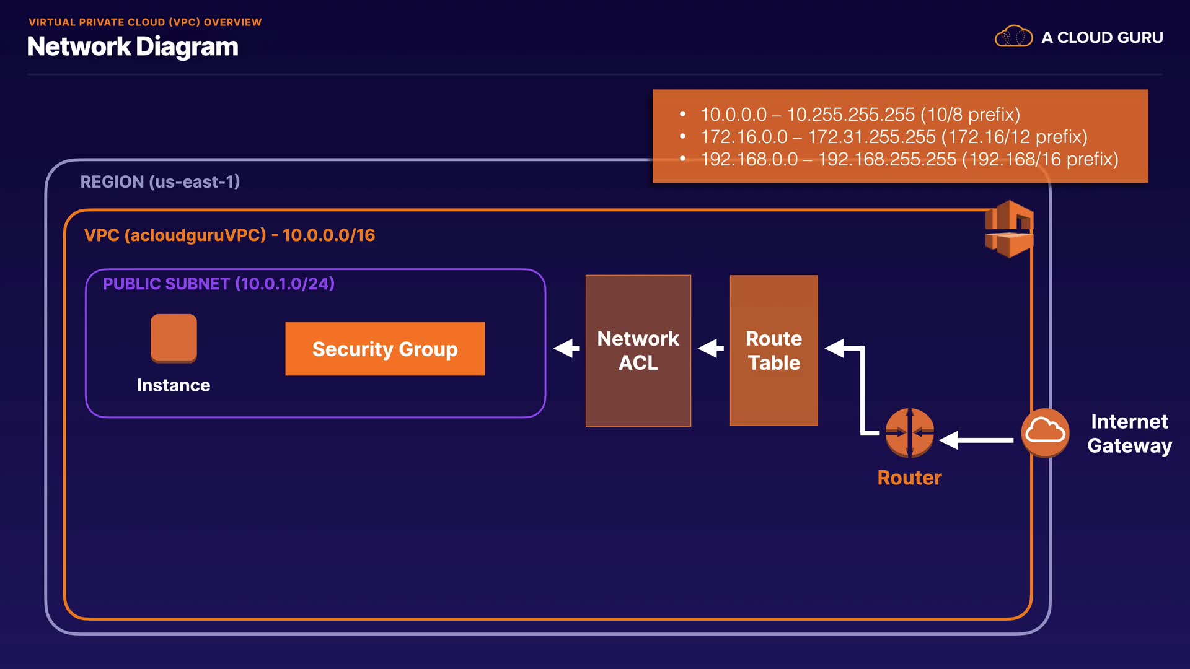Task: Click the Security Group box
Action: (385, 349)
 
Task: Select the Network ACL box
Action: (638, 351)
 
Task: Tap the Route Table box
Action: (773, 351)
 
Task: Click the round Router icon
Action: (909, 433)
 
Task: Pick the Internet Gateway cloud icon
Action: (1045, 432)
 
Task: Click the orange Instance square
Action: (174, 338)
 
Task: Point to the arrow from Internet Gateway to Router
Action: (977, 440)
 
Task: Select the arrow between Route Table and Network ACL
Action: (710, 349)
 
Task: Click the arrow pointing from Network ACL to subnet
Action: (566, 349)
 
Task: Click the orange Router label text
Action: (909, 478)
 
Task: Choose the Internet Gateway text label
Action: (1129, 434)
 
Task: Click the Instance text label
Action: (174, 385)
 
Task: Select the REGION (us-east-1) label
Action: (160, 182)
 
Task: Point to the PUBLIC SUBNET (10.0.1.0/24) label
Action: (218, 284)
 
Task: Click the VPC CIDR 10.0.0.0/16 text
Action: (328, 235)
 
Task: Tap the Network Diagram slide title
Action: (133, 47)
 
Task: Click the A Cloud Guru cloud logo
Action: (1013, 37)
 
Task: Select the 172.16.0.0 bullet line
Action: (893, 137)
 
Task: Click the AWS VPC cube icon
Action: (1009, 229)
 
